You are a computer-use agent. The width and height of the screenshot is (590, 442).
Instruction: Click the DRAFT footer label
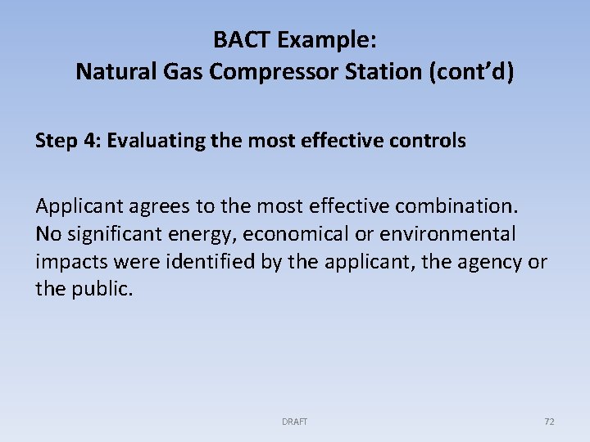[x=294, y=422]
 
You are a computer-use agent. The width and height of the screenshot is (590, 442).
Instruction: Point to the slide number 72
[x=549, y=422]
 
